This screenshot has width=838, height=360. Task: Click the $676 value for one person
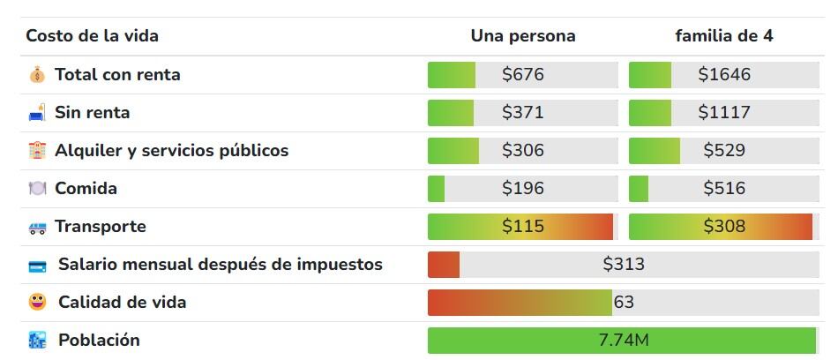tap(523, 75)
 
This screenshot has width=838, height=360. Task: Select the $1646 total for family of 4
tap(724, 75)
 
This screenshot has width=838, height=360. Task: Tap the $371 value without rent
tap(523, 113)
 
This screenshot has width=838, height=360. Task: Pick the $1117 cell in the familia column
tap(724, 113)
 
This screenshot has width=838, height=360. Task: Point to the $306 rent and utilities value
tap(523, 151)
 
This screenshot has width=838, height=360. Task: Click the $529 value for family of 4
tap(724, 151)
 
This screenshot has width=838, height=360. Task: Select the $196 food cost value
tap(523, 189)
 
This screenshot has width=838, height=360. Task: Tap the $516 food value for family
tap(724, 189)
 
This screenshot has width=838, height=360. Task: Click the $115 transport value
tap(523, 227)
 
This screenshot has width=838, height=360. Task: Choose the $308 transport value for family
tap(724, 227)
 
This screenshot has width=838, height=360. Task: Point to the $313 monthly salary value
tap(624, 265)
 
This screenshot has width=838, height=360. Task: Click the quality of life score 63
tap(624, 303)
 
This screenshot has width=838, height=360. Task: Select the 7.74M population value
tap(624, 341)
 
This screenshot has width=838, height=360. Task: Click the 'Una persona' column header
tap(523, 36)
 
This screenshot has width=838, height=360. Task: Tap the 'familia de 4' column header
tap(724, 36)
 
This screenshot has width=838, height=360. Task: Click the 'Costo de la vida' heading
tap(92, 36)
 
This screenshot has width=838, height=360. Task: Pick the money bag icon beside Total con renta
tap(36, 75)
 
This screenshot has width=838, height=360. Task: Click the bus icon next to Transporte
tap(36, 228)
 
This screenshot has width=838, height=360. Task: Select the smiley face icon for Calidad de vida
tap(37, 303)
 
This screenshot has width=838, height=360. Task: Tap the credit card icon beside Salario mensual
tap(37, 266)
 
